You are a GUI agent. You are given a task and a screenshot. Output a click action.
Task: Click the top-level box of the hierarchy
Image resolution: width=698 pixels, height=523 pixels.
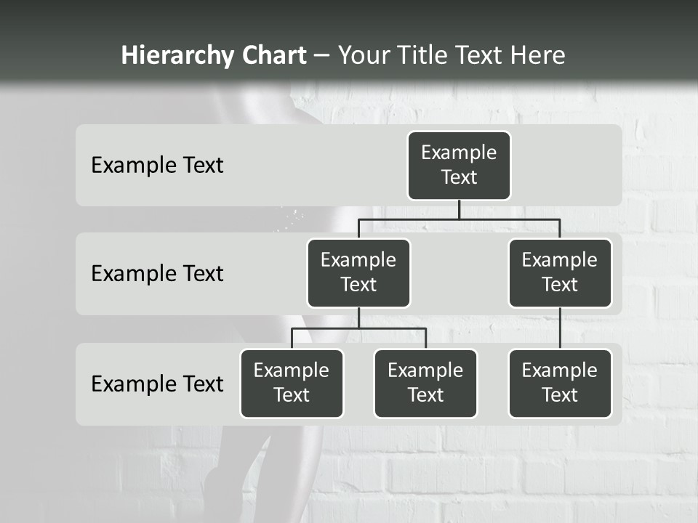459,166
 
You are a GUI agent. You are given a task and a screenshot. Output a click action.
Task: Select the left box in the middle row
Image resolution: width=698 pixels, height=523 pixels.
358,273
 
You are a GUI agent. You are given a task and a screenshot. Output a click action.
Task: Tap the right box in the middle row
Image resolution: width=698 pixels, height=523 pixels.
560,273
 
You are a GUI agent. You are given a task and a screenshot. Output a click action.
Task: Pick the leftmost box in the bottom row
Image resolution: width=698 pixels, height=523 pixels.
292,384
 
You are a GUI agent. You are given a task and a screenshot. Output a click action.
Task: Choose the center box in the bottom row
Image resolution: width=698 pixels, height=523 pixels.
425,384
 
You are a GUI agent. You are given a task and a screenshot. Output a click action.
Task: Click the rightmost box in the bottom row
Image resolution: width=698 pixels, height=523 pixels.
560,384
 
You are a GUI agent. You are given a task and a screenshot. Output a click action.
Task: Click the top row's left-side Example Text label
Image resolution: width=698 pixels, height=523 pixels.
157,166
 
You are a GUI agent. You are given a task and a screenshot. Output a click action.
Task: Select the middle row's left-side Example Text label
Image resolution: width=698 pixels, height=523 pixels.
157,274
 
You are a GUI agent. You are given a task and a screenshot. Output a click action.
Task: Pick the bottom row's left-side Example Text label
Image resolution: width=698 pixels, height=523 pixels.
157,384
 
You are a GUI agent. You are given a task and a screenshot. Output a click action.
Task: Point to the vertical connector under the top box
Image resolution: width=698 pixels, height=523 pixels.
459,210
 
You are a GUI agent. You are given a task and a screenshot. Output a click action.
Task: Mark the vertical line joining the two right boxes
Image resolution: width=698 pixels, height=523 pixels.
560,328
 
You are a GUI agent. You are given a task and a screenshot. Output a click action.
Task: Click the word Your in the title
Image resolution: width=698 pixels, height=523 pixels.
363,55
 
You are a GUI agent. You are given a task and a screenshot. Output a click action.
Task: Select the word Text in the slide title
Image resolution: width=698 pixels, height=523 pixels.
481,55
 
